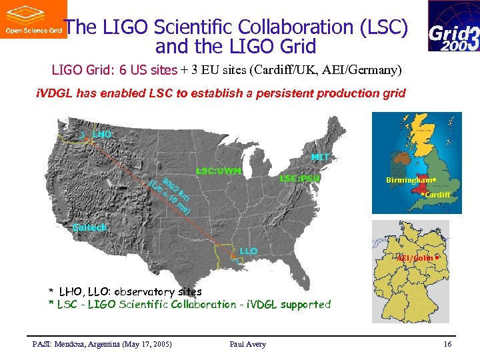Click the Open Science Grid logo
click(33, 19)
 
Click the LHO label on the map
click(101, 135)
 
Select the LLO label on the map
click(248, 251)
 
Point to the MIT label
click(320, 157)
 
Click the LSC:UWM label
click(218, 171)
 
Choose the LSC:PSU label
click(299, 178)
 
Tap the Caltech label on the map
click(89, 227)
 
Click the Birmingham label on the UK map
click(408, 181)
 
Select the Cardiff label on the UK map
click(438, 195)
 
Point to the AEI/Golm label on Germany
click(415, 258)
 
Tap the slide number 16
click(447, 344)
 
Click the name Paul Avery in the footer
click(247, 344)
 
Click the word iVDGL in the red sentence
click(54, 93)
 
